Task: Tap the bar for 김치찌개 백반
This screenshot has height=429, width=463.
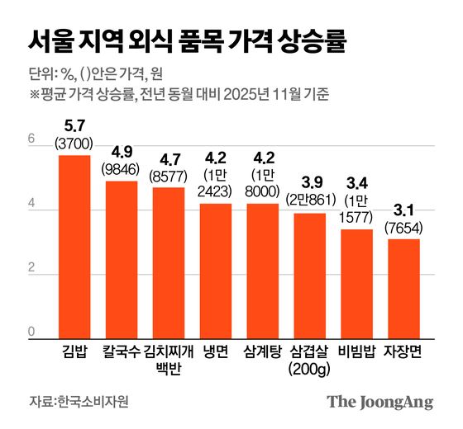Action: (x=169, y=262)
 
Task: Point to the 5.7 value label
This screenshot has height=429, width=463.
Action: (x=74, y=127)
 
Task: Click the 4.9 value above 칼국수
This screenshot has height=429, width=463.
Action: (x=122, y=152)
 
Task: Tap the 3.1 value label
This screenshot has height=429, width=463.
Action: (x=404, y=210)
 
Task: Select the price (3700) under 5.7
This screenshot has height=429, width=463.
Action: (x=74, y=144)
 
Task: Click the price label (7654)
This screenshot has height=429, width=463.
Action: (x=404, y=226)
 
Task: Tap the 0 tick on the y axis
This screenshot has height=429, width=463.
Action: (x=31, y=332)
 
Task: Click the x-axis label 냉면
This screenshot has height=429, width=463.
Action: (x=216, y=351)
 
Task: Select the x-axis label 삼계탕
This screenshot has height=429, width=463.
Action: (x=263, y=351)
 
